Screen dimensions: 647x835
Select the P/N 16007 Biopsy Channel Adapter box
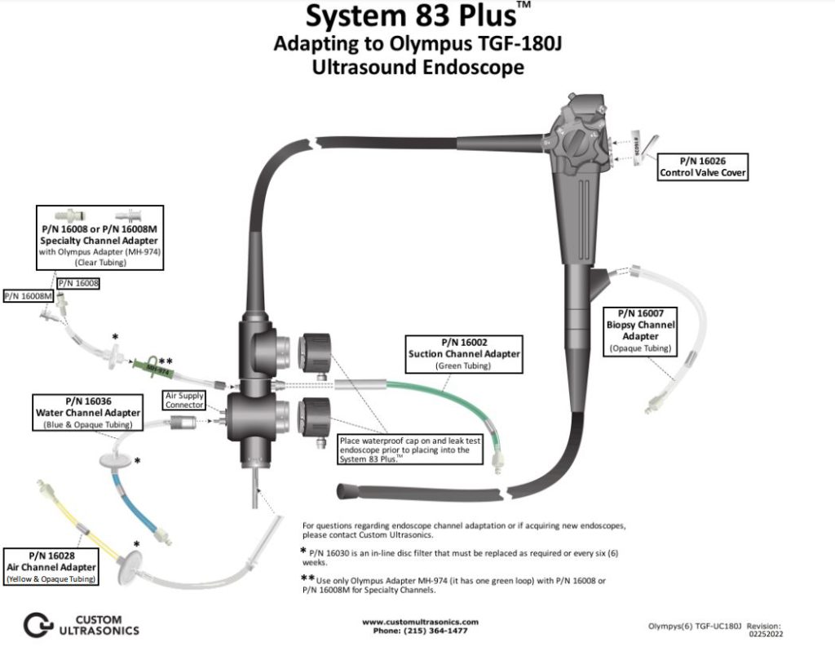(640, 330)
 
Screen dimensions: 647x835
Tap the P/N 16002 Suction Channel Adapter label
(464, 353)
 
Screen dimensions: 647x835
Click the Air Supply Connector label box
(183, 400)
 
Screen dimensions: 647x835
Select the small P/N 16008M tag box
(29, 296)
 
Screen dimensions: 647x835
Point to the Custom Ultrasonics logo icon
(38, 624)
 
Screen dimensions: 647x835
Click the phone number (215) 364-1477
(419, 631)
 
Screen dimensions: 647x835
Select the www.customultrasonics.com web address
(419, 622)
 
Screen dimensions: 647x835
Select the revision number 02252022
(765, 632)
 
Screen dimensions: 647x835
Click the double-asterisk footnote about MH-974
(457, 584)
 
